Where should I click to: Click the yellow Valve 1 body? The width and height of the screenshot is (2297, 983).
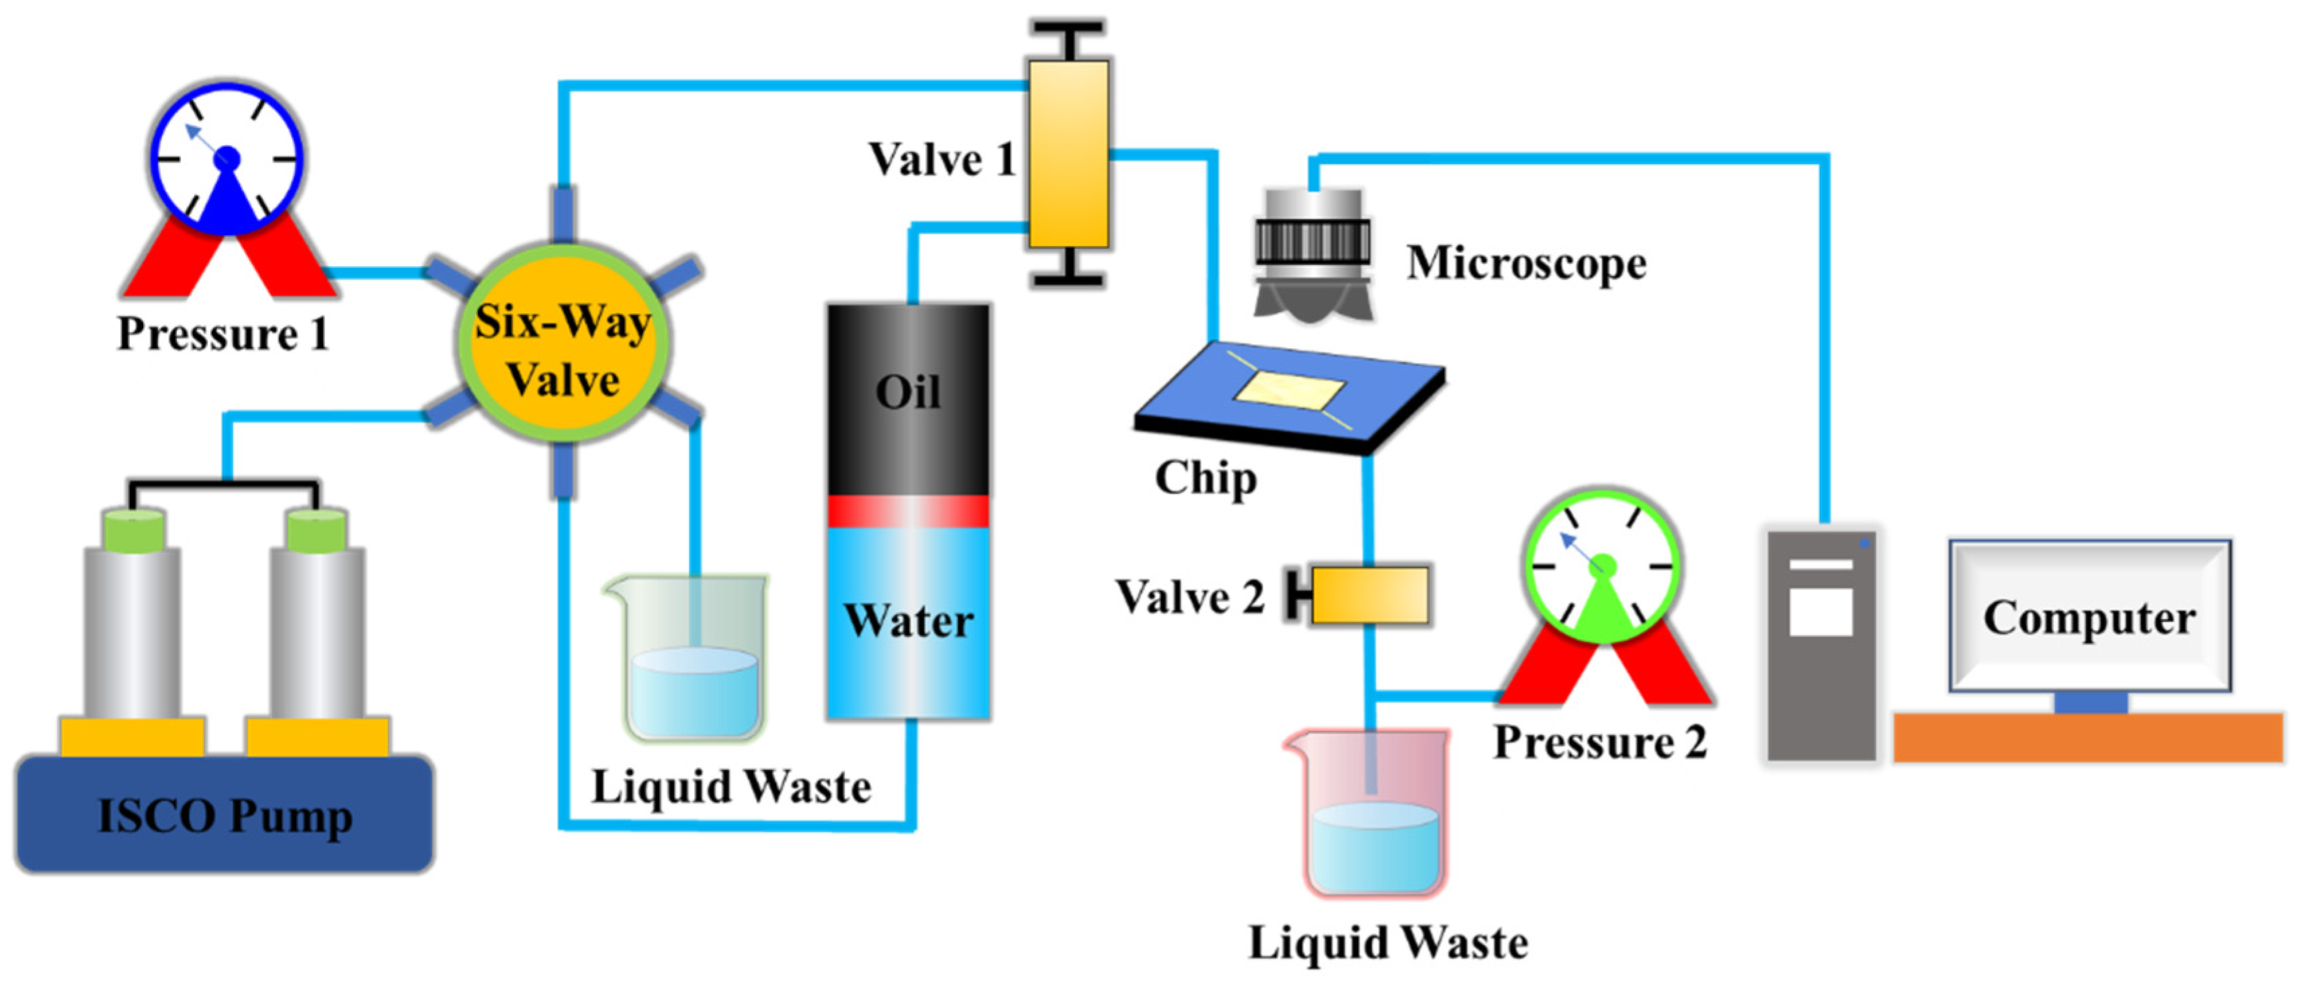[1069, 153]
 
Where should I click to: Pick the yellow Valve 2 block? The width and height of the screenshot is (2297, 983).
[1370, 595]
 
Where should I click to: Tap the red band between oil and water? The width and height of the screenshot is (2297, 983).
[908, 511]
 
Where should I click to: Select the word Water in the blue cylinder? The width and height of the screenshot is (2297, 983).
[908, 621]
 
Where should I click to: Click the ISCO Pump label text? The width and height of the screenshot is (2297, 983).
[224, 816]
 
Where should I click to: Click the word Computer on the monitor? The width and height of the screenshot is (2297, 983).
[2089, 617]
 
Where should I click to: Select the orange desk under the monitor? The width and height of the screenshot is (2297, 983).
[2087, 737]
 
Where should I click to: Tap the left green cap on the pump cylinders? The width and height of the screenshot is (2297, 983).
[134, 530]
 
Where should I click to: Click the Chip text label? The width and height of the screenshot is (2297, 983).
[1205, 478]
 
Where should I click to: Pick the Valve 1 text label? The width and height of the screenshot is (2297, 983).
[942, 161]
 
